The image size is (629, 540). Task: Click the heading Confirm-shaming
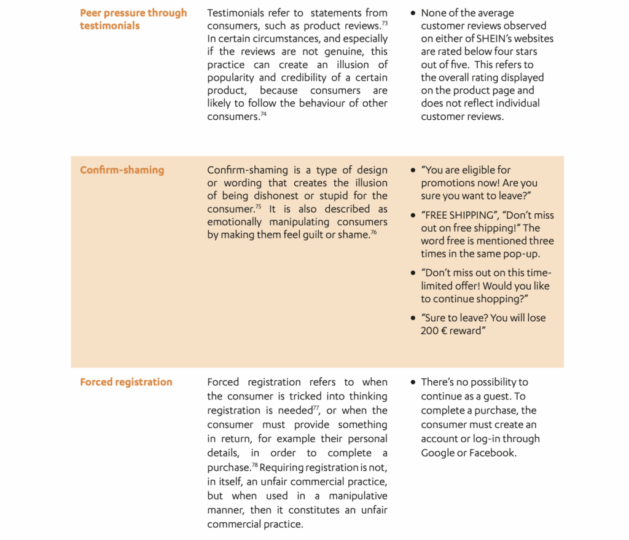click(122, 170)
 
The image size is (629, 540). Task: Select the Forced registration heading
click(126, 382)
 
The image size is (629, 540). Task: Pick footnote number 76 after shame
click(373, 232)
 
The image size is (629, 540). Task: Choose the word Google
click(437, 453)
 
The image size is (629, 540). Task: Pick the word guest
click(511, 396)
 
